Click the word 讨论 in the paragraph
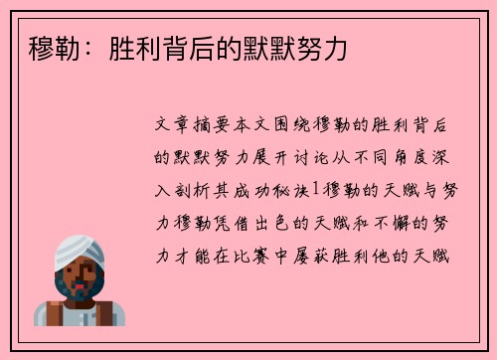[302, 157]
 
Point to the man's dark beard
[77, 299]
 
